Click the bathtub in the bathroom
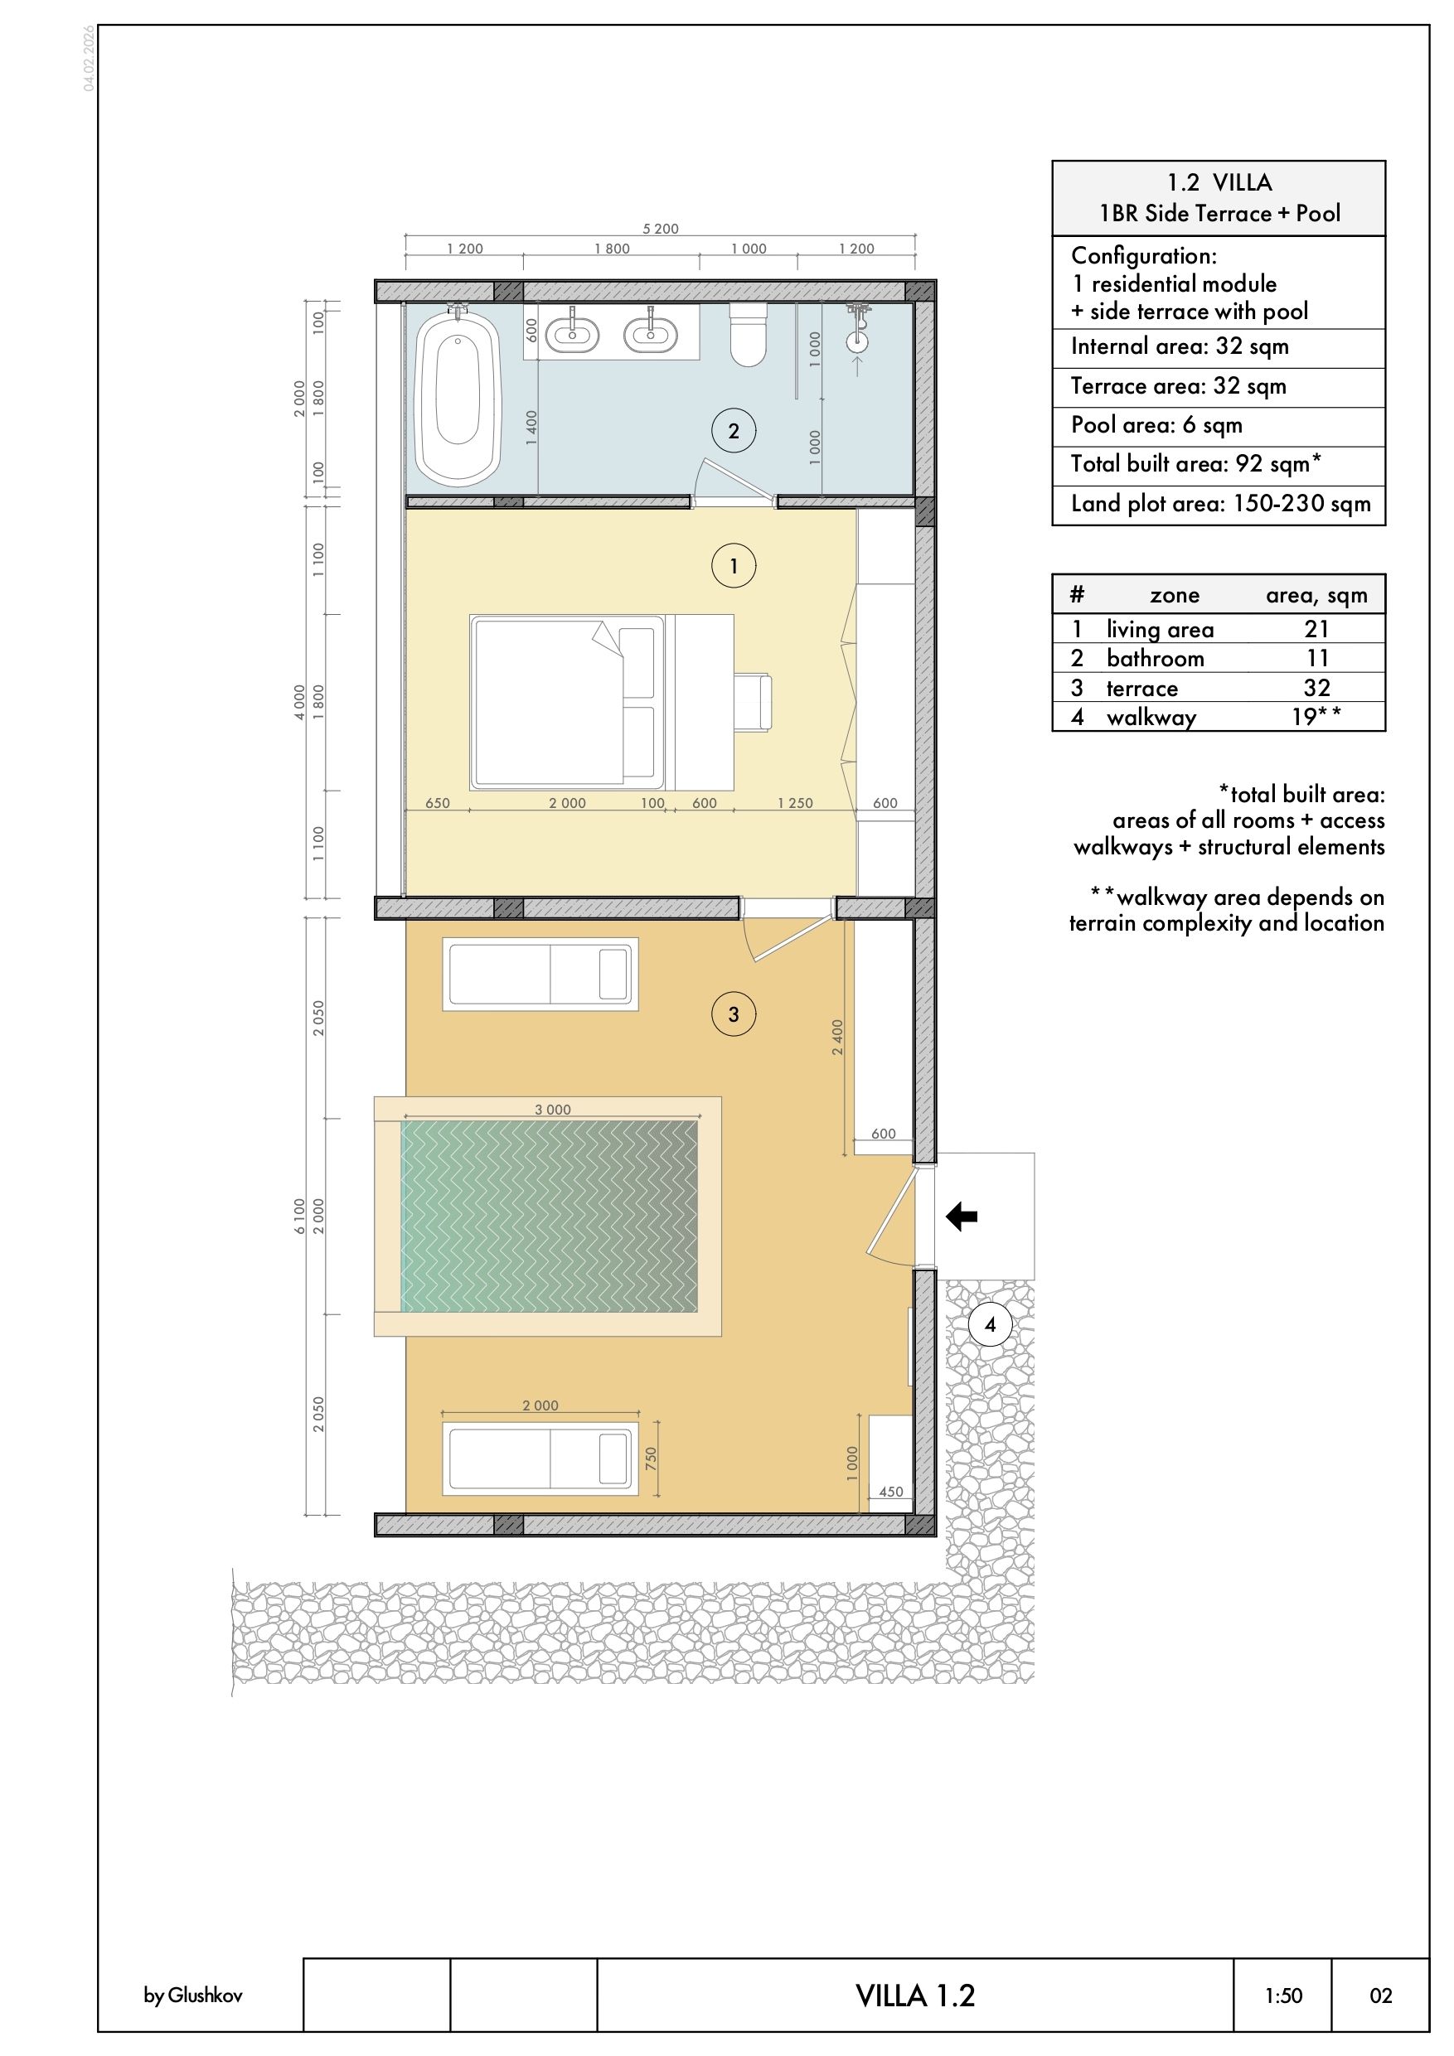457,398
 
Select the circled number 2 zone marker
734,431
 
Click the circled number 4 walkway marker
990,1324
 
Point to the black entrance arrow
962,1216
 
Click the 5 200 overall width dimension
660,230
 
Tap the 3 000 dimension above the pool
553,1110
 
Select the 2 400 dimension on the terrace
837,1037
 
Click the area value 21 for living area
1316,629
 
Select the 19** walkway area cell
1316,716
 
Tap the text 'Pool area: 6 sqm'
1156,424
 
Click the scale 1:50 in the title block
1284,1996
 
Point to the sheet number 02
1380,1996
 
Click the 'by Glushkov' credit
192,1996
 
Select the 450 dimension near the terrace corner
891,1492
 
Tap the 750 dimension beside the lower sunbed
652,1459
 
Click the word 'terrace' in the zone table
1142,688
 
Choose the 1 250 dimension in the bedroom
795,803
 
